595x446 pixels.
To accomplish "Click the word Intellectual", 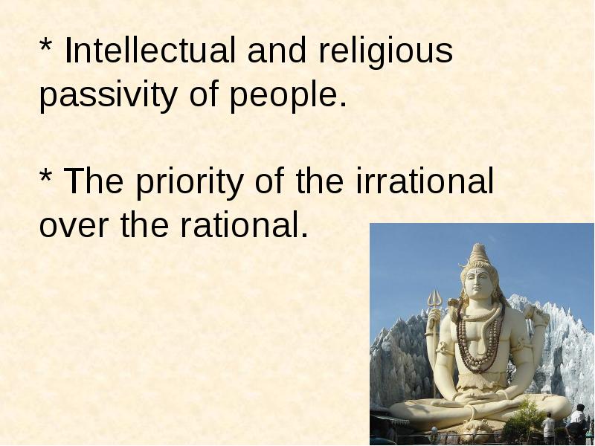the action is [x=150, y=50].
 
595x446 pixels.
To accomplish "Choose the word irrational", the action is [x=425, y=181].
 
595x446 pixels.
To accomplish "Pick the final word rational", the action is [x=244, y=224].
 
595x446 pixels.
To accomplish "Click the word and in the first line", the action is [x=277, y=50].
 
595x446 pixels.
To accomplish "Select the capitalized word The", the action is [x=94, y=181].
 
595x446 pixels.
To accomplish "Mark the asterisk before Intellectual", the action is [x=45, y=45].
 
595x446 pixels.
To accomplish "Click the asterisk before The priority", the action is [x=45, y=175].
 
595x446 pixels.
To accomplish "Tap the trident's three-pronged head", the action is [x=435, y=300].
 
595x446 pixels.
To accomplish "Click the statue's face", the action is [x=477, y=282].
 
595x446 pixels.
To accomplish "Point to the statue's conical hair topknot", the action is [x=479, y=253].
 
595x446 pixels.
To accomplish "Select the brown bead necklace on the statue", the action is [x=480, y=341].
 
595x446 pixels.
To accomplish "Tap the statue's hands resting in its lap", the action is [x=479, y=397].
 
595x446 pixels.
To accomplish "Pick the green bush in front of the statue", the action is [x=523, y=421].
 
